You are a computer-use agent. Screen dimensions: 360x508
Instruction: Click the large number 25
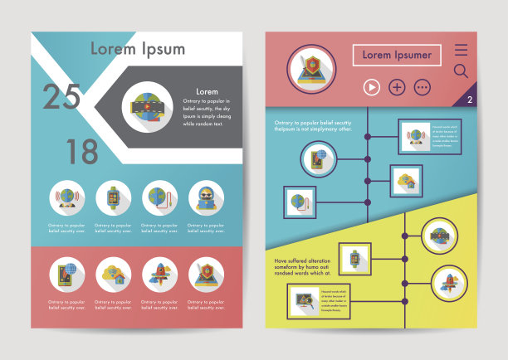point(61,97)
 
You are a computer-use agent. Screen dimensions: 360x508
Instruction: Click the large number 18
point(81,152)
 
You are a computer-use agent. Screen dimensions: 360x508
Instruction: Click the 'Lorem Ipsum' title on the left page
point(138,48)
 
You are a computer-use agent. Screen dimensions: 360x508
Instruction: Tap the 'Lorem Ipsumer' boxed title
point(397,55)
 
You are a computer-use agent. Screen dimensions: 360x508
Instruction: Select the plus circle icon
point(397,86)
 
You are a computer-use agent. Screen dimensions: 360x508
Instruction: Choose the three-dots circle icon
point(423,86)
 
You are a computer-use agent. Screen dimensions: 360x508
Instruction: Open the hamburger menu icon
point(461,50)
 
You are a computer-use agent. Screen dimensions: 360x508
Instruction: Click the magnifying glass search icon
point(461,71)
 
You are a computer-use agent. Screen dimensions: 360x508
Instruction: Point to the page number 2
point(469,100)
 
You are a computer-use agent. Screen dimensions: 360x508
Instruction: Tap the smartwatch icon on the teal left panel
point(113,197)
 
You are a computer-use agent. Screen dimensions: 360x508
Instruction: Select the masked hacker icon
point(206,197)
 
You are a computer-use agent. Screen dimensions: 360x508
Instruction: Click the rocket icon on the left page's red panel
point(159,275)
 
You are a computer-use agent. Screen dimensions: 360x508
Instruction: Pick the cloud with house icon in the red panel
point(113,275)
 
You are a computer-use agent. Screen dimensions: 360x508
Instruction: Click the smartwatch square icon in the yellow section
point(355,260)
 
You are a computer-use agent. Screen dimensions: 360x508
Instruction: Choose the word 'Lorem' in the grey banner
point(207,91)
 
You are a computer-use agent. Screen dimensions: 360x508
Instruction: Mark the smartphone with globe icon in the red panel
point(66,275)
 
